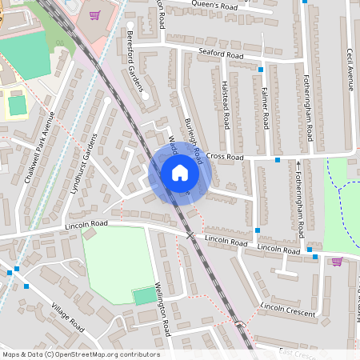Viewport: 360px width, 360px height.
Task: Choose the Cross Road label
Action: pos(223,156)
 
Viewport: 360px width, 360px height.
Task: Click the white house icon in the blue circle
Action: pos(179,173)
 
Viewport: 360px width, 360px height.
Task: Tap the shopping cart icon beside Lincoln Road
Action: pos(337,261)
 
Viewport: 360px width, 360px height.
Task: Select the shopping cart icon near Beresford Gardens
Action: pos(94,15)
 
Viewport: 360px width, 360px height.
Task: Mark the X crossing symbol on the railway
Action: pos(190,235)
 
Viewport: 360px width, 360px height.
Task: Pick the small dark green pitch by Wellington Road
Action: pos(145,296)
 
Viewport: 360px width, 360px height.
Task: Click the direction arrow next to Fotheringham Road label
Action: pos(298,167)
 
